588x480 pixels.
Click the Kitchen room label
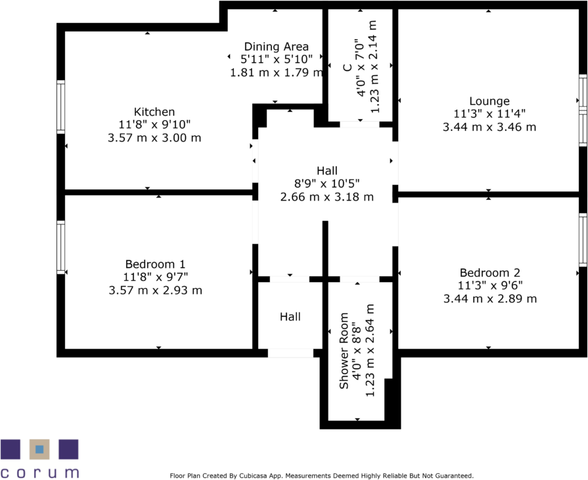click(x=154, y=112)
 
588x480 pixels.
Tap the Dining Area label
click(x=276, y=47)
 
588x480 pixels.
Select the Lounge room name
click(x=489, y=101)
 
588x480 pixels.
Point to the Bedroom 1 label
click(x=155, y=264)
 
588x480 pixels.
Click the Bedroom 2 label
click(x=489, y=273)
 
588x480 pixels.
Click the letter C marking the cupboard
click(x=346, y=67)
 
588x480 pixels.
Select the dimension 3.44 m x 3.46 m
click(x=489, y=127)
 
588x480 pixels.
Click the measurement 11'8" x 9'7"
click(x=155, y=277)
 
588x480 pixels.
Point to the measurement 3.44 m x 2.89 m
click(x=489, y=299)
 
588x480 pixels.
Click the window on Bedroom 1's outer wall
click(x=60, y=247)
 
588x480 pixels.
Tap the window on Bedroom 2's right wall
click(x=582, y=239)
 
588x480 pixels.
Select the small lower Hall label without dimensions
click(x=290, y=317)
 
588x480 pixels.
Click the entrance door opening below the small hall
click(x=290, y=354)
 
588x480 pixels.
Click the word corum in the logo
click(x=39, y=471)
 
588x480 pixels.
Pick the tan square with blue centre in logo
click(x=39, y=450)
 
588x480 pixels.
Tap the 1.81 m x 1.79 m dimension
click(x=276, y=72)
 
